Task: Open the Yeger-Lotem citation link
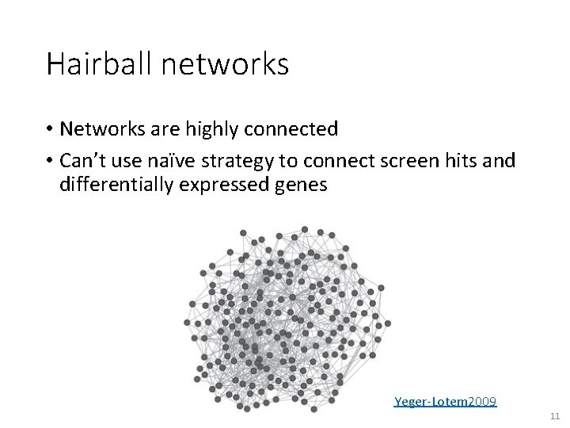[x=431, y=402]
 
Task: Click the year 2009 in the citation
[x=483, y=402]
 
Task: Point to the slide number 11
[x=553, y=415]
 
